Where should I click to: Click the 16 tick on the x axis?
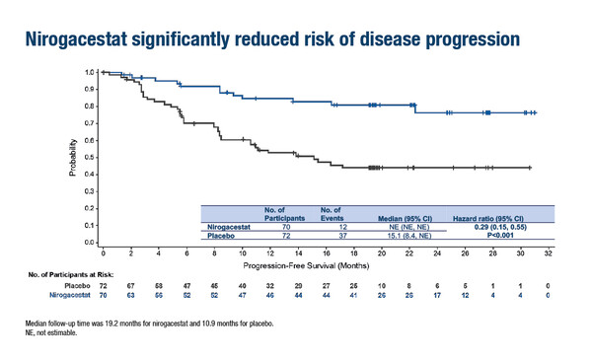[327, 253]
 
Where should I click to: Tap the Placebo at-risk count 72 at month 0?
[104, 284]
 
